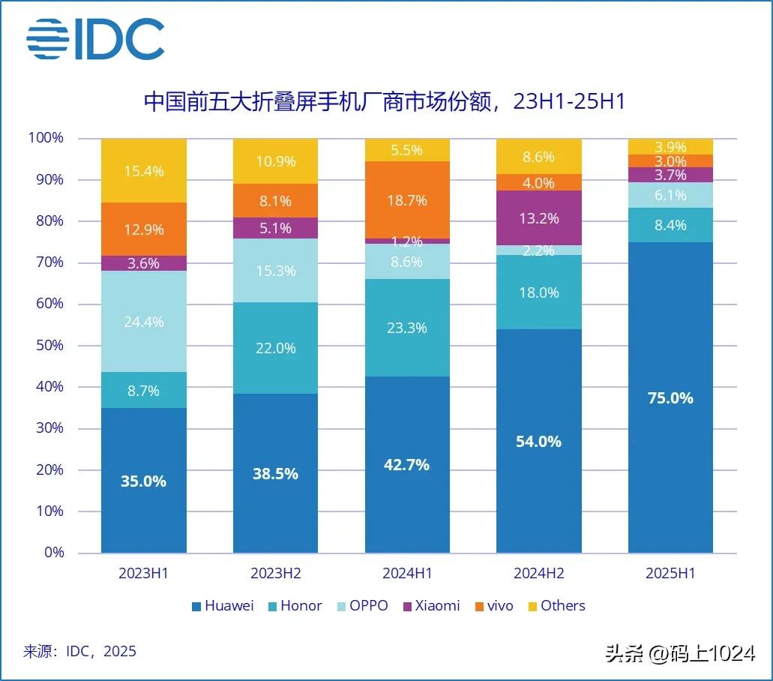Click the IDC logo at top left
tap(95, 39)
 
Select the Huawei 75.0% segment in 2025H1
tap(670, 397)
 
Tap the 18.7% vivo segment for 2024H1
tap(408, 200)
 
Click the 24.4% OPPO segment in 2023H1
tap(144, 322)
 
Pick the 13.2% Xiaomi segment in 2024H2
tap(539, 218)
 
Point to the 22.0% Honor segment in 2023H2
tap(275, 348)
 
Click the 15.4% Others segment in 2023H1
tap(144, 170)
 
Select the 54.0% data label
tap(539, 442)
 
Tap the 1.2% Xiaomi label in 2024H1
tap(408, 242)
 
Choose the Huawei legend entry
tap(223, 605)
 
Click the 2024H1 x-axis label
tap(407, 574)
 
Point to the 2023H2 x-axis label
tap(275, 574)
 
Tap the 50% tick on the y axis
tap(46, 346)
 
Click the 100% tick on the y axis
tap(46, 138)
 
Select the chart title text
tap(384, 101)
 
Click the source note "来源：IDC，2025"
tap(80, 650)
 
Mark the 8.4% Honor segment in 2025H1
tap(670, 225)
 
